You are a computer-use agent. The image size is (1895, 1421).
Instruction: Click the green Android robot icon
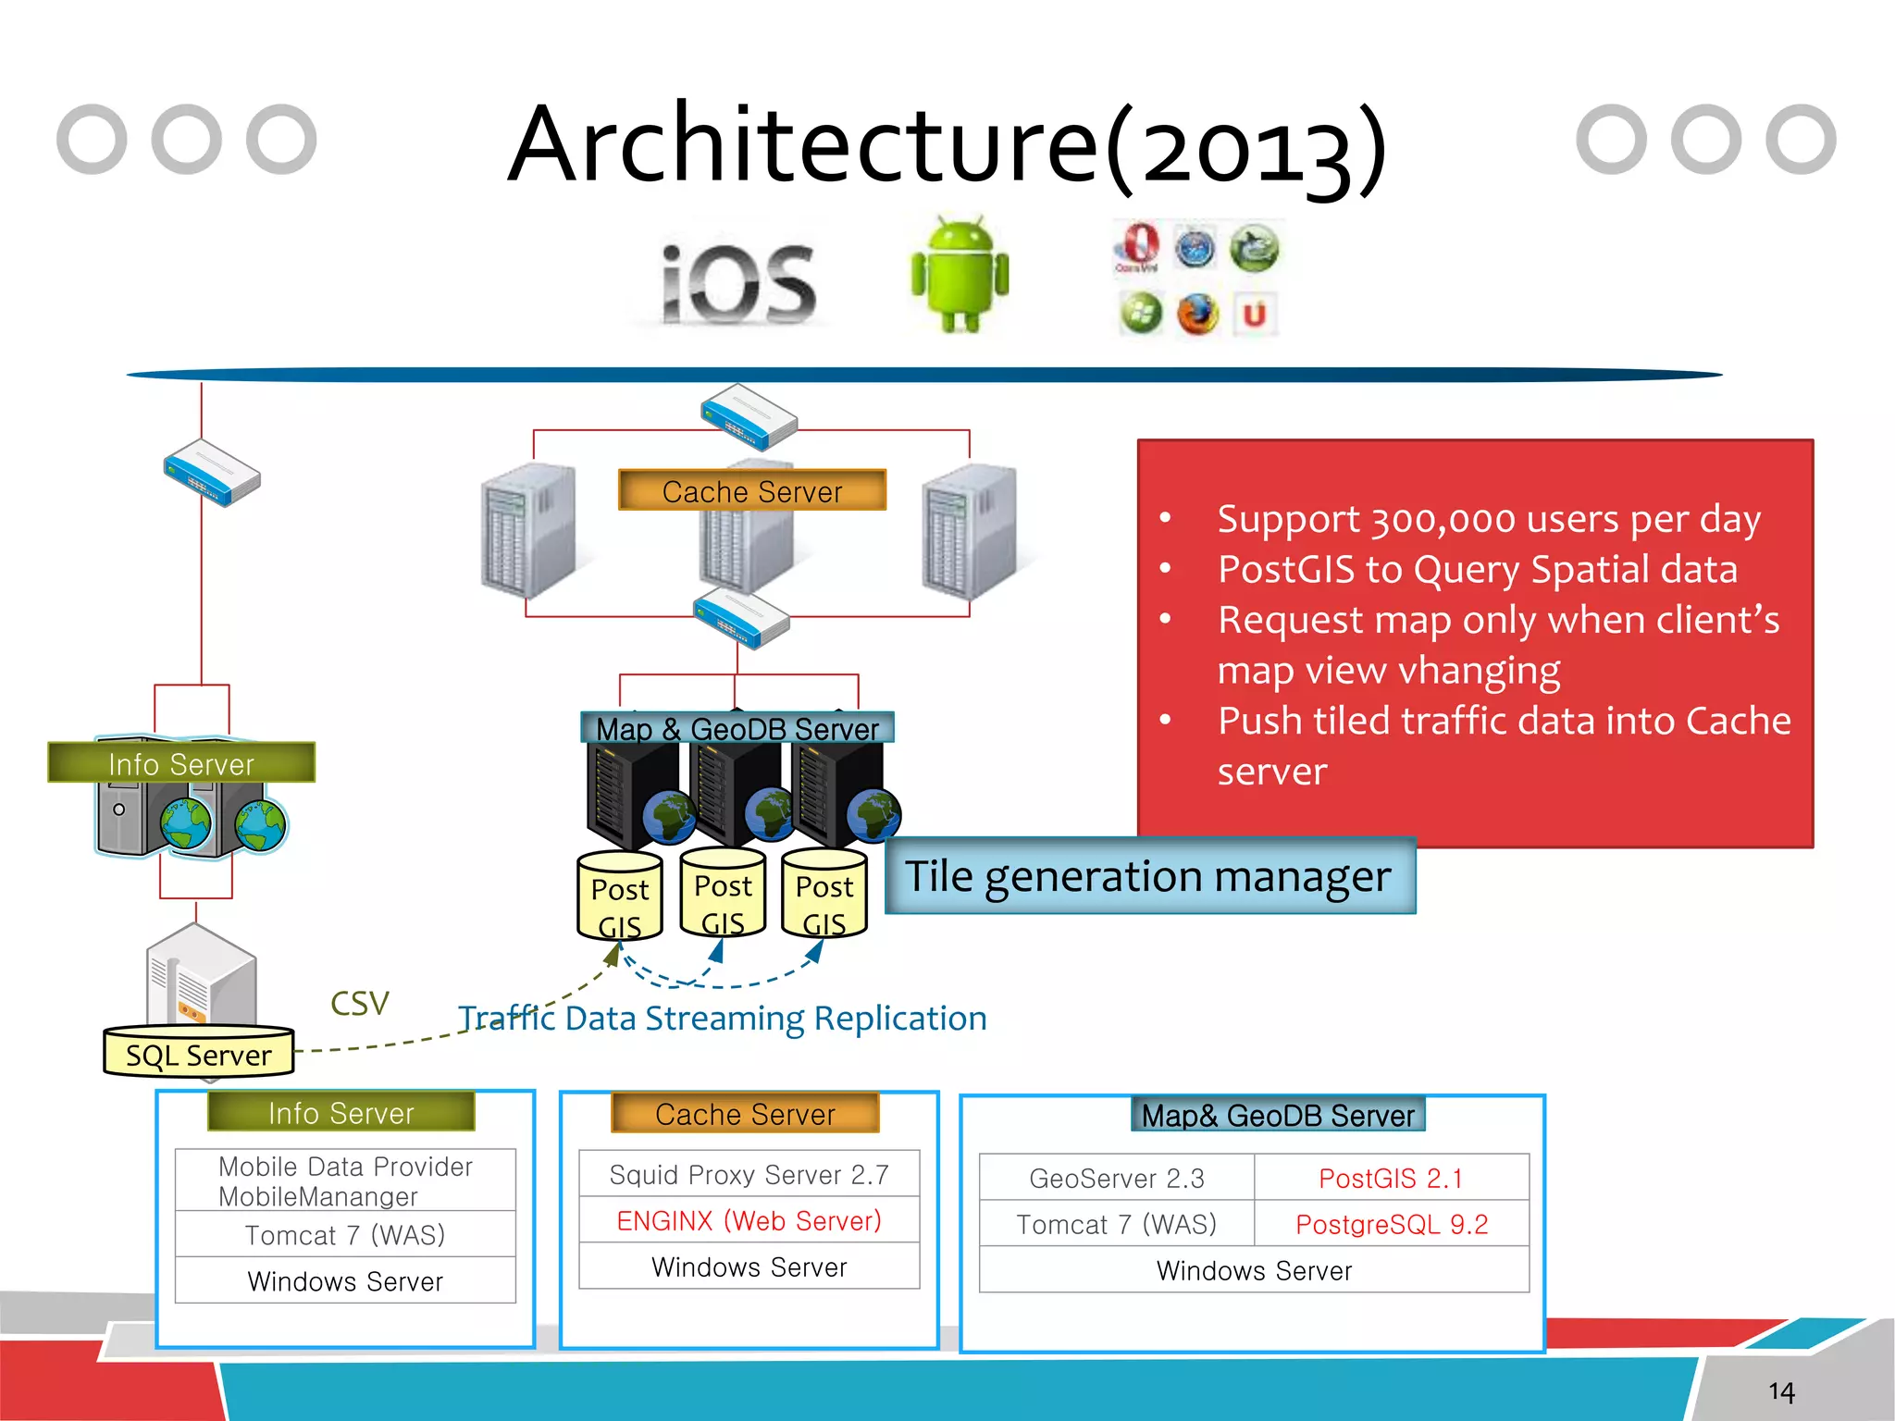(960, 275)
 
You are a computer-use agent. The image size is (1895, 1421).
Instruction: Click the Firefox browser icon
(1197, 315)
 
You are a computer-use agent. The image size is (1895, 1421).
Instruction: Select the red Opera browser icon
(1138, 246)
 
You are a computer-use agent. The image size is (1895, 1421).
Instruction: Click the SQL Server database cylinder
(199, 1053)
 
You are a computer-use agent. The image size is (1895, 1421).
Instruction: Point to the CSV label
(359, 1004)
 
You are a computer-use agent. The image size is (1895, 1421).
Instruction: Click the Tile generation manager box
(1149, 876)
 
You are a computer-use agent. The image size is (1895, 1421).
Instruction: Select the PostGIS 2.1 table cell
(1391, 1178)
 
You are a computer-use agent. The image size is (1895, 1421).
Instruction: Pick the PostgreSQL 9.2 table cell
(1391, 1224)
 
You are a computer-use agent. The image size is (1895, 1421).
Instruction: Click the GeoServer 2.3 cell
(1117, 1178)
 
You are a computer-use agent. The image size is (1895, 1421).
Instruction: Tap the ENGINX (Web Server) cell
(749, 1220)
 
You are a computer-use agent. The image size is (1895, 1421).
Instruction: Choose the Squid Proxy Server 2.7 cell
(749, 1174)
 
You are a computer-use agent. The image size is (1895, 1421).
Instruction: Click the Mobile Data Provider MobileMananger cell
(345, 1180)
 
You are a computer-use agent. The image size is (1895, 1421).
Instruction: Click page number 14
(1781, 1391)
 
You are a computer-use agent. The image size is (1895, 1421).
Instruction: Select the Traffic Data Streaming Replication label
(723, 1018)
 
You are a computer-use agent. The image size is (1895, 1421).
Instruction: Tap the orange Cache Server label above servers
(751, 491)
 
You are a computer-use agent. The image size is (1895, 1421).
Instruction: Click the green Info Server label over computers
(181, 763)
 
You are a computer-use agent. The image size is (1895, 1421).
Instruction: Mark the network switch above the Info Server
(212, 474)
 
